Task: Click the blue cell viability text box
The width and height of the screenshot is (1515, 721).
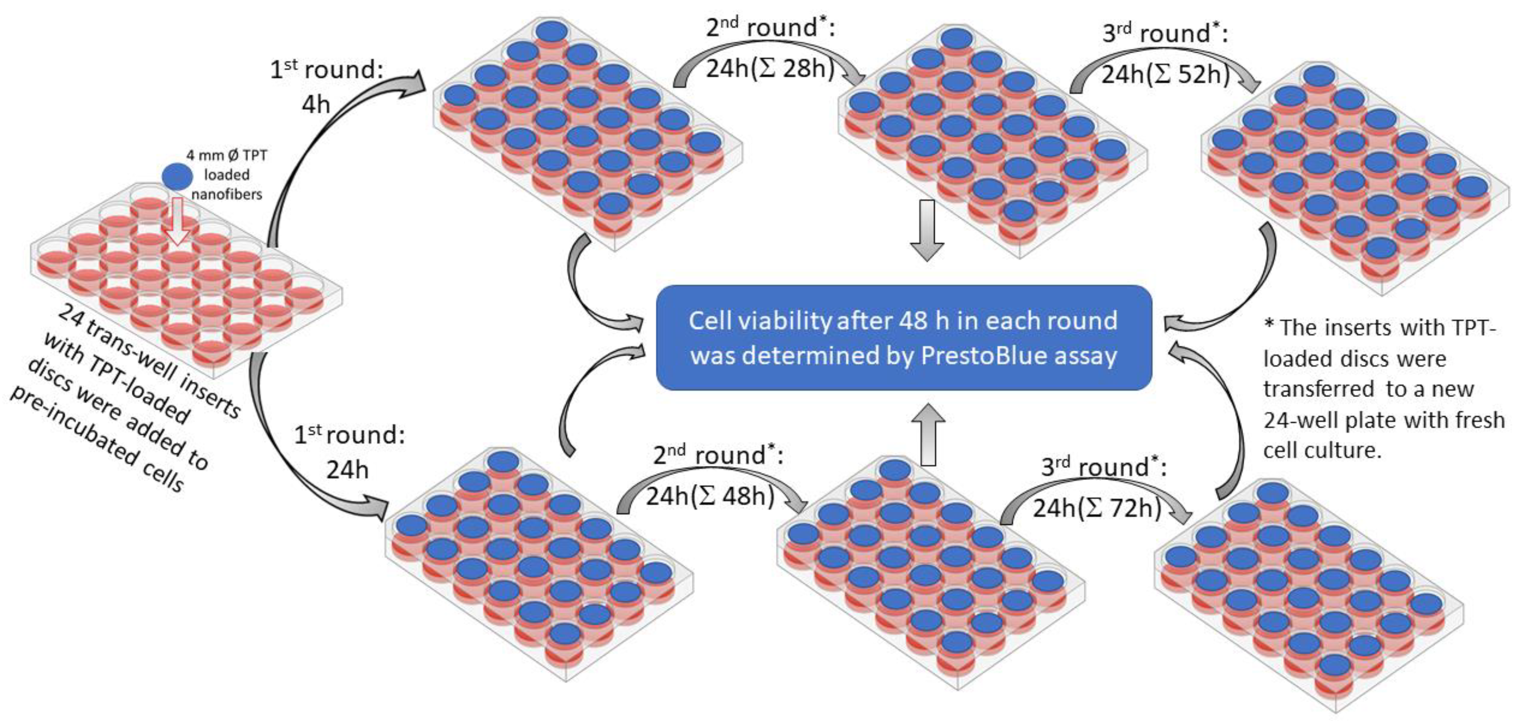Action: tap(903, 338)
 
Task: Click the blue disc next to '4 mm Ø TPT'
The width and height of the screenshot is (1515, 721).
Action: tap(178, 176)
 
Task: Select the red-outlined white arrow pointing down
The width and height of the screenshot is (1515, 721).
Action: tap(177, 221)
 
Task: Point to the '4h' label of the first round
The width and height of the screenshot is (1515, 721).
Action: tap(316, 105)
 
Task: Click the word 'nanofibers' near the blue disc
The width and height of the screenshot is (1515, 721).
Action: tap(227, 194)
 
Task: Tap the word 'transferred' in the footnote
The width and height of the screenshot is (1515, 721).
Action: tap(1317, 389)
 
